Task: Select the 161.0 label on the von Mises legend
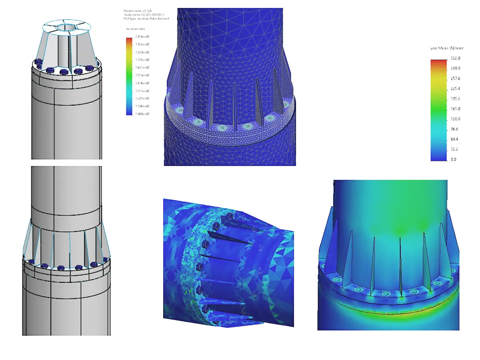[x=453, y=109]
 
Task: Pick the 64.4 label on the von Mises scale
[x=452, y=139]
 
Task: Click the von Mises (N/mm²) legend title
[x=447, y=48]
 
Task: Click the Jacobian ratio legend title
[x=136, y=29]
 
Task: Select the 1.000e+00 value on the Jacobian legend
[x=142, y=114]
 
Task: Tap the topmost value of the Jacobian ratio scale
[x=142, y=37]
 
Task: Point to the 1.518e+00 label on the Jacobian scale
[x=142, y=75]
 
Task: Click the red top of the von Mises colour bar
[x=439, y=61]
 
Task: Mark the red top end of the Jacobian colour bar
[x=129, y=39]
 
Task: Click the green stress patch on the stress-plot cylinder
[x=400, y=230]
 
